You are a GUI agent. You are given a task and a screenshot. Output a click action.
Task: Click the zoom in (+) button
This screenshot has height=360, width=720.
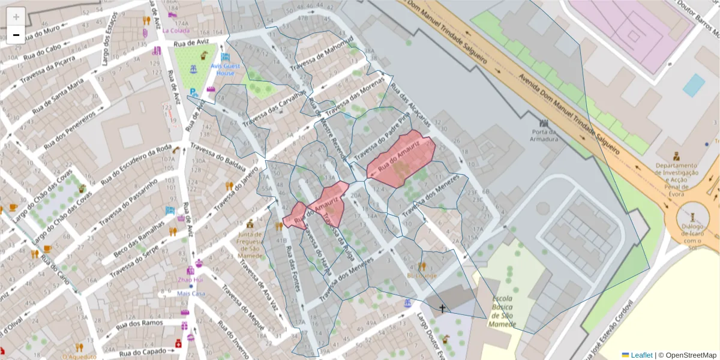click(x=16, y=17)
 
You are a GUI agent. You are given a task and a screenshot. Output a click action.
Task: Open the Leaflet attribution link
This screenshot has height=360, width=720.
click(x=641, y=355)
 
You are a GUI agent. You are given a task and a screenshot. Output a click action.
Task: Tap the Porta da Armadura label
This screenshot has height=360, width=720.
click(x=545, y=136)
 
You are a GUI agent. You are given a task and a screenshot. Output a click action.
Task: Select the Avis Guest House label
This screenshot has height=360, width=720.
click(x=226, y=69)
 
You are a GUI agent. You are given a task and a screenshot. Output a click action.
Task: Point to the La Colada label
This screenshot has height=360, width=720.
click(x=180, y=31)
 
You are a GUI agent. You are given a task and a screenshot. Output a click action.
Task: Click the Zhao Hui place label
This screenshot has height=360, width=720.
click(x=191, y=280)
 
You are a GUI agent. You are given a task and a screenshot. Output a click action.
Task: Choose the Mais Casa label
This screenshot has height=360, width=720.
click(x=191, y=293)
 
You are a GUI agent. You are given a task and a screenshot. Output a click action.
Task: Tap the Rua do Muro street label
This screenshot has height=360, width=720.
click(x=42, y=28)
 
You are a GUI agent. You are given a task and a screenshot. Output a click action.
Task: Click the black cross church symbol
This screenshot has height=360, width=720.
click(x=443, y=308)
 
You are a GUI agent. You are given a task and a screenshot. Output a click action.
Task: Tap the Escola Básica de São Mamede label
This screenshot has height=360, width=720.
click(x=502, y=311)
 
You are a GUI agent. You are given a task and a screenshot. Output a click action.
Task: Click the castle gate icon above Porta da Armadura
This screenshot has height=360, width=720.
click(x=544, y=123)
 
